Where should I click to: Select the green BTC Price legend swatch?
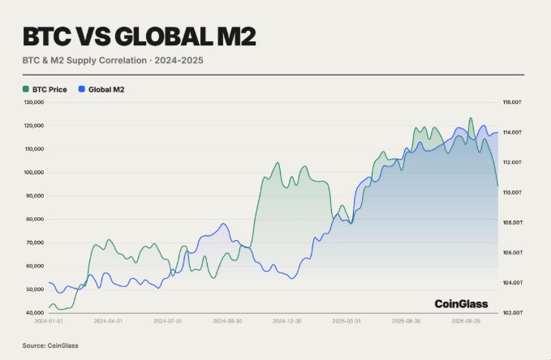(x=25, y=89)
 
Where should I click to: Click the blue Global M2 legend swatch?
(x=81, y=89)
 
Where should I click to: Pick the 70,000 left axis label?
(x=35, y=242)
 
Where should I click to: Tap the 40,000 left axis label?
(x=35, y=313)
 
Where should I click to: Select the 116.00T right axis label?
(x=511, y=103)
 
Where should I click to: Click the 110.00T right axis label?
(x=511, y=193)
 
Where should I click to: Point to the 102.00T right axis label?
(x=511, y=313)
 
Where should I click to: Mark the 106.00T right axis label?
(x=511, y=253)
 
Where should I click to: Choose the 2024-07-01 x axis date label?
(x=167, y=321)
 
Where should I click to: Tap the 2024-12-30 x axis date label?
(x=287, y=321)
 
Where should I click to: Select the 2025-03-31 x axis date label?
(x=347, y=321)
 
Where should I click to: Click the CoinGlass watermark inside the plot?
(x=461, y=304)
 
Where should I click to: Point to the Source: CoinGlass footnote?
(x=50, y=346)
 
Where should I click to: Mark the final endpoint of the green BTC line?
(x=497, y=186)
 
